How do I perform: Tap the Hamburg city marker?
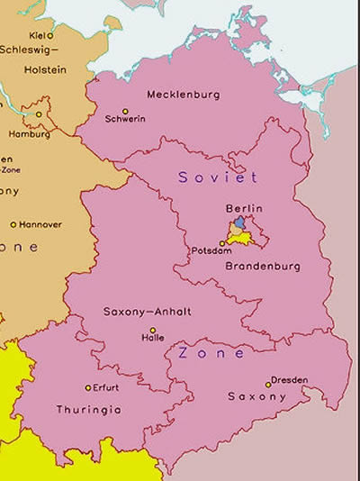click(x=39, y=114)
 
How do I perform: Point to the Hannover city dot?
click(x=13, y=224)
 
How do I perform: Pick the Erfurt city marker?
click(x=87, y=388)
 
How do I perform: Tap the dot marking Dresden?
click(x=267, y=385)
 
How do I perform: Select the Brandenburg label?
click(x=257, y=268)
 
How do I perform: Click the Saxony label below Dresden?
click(x=256, y=397)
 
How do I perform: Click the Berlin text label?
click(x=244, y=208)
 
